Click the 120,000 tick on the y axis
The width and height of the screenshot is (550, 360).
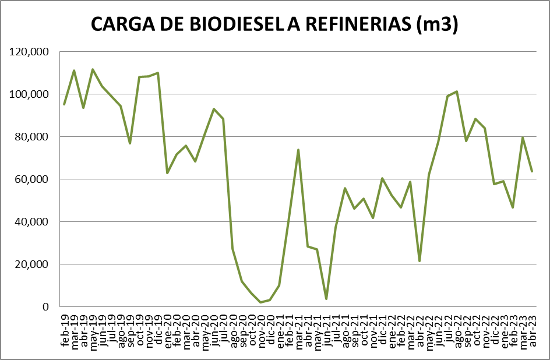click(29, 52)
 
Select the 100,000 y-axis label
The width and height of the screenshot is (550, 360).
click(29, 94)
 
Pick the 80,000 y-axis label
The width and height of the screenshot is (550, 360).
click(31, 137)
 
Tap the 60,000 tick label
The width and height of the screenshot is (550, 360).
click(31, 179)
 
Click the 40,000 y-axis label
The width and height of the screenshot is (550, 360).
click(31, 222)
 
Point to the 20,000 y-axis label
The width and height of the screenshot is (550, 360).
click(31, 264)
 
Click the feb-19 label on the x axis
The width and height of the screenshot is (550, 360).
click(65, 331)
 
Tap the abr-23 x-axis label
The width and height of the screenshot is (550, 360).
click(531, 331)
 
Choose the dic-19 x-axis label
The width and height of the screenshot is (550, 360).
click(158, 331)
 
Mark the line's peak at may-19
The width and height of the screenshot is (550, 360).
click(93, 69)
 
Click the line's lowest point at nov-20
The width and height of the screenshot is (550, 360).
click(260, 302)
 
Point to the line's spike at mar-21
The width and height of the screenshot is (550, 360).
click(298, 150)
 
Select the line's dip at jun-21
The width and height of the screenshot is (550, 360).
click(326, 299)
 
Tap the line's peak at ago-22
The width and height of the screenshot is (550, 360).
click(457, 91)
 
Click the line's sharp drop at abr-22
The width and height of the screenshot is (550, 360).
click(419, 261)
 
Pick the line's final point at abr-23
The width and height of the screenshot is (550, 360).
click(531, 171)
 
